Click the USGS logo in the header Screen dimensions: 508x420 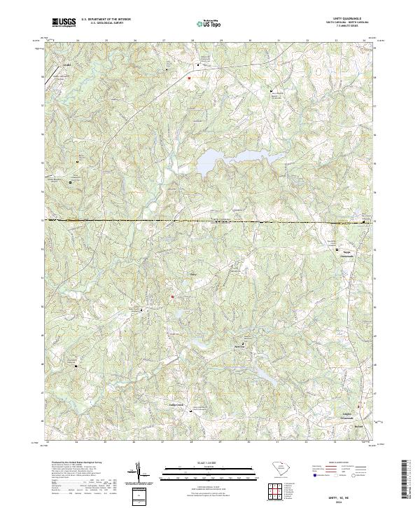64,22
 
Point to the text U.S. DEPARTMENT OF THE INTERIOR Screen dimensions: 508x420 106,19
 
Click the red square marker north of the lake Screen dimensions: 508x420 188,78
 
